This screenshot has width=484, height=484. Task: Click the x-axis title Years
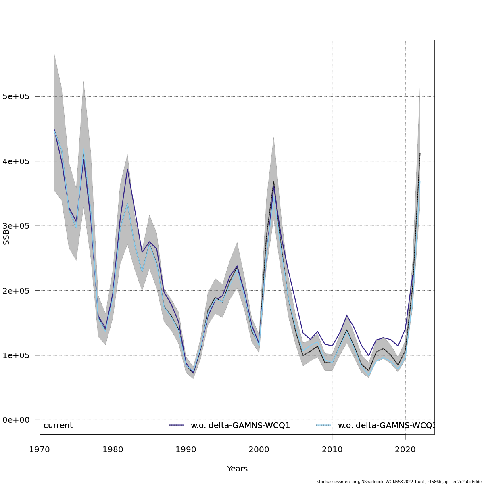(x=237, y=469)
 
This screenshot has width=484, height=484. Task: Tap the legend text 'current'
(x=58, y=426)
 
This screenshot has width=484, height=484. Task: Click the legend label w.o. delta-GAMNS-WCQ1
(x=240, y=426)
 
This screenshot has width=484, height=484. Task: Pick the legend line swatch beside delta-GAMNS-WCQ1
(x=176, y=425)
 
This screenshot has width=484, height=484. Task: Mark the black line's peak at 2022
(x=420, y=153)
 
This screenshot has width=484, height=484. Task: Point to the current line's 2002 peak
(x=273, y=181)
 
